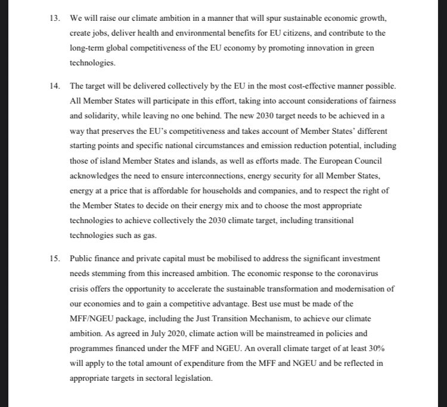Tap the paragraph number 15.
(x=54, y=259)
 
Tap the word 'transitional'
(x=332, y=220)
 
